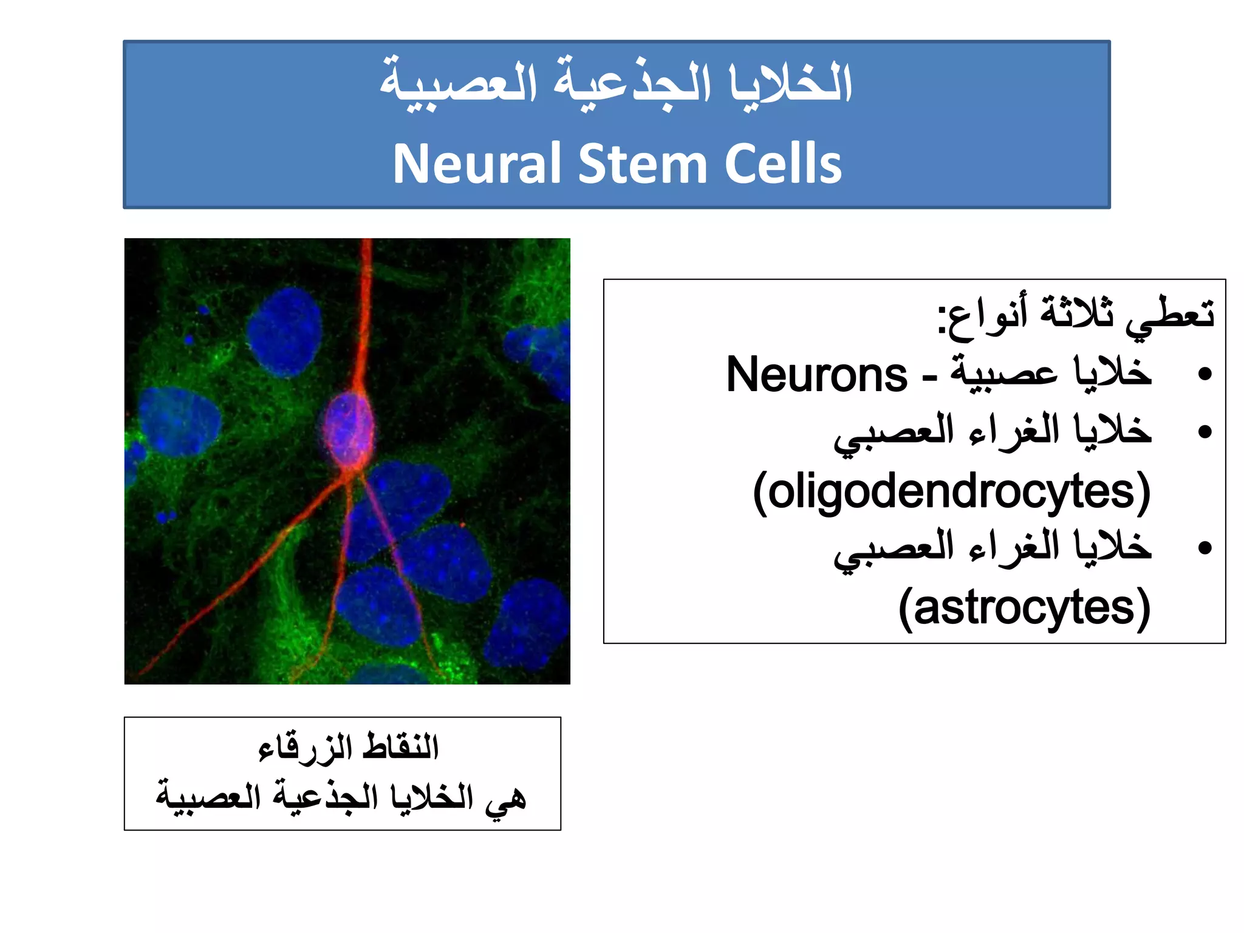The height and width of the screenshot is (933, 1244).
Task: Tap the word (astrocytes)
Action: point(1025,608)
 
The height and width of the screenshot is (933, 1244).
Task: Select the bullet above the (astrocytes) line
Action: point(1205,549)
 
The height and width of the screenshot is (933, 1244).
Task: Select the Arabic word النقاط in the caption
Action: point(400,747)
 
